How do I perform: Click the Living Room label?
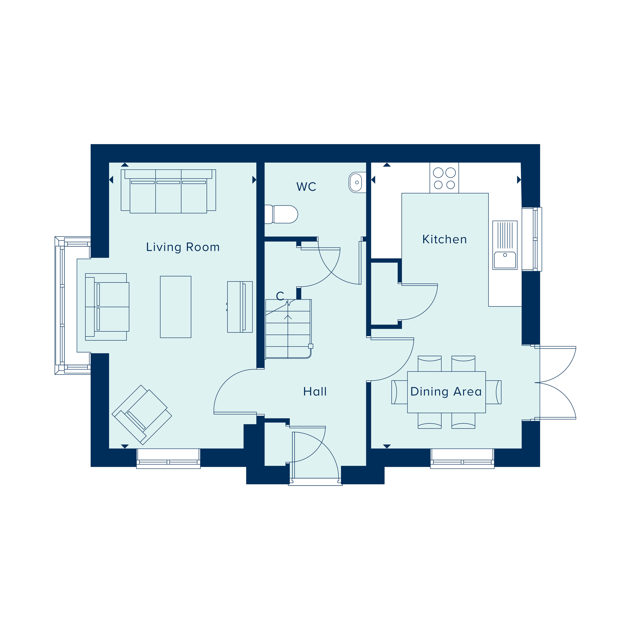(x=183, y=247)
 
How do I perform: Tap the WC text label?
(x=306, y=187)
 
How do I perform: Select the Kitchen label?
(x=444, y=239)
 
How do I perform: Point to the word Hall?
(x=315, y=392)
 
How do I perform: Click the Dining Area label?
(x=446, y=392)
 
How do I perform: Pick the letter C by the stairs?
(x=280, y=296)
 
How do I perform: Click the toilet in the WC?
(x=282, y=214)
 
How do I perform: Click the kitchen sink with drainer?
(x=505, y=245)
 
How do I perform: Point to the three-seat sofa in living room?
(x=168, y=191)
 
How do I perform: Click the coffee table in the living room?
(x=175, y=307)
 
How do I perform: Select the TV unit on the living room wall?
(x=240, y=307)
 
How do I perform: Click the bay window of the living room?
(x=62, y=306)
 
